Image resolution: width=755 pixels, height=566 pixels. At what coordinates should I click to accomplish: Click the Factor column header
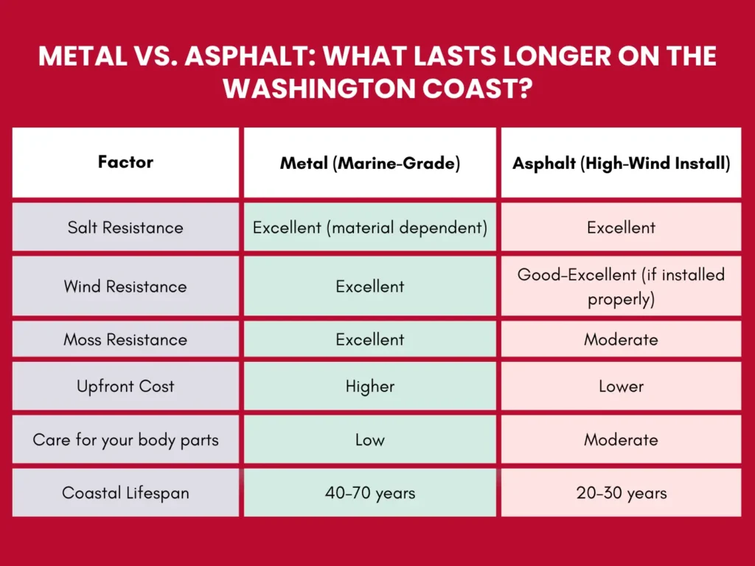125,162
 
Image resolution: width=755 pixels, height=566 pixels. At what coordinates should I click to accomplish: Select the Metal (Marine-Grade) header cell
369,163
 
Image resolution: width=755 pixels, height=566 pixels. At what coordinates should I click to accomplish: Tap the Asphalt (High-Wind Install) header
621,163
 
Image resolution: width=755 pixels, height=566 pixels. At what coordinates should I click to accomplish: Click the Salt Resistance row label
125,227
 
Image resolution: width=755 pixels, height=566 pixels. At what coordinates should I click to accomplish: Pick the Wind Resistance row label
125,286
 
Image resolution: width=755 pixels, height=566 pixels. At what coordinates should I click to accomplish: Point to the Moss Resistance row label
125,339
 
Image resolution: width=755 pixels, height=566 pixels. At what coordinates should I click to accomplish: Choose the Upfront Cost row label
125,386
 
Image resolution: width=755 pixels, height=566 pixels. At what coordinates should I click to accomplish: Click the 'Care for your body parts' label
125,440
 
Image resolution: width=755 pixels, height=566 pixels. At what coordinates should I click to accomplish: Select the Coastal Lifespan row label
125,492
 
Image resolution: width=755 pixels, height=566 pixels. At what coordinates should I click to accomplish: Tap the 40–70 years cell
369,492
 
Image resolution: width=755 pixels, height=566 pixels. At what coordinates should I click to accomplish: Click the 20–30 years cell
621,492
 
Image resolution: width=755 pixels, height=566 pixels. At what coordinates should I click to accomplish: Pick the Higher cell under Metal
369,386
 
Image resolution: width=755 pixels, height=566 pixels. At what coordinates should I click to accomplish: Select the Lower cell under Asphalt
621,386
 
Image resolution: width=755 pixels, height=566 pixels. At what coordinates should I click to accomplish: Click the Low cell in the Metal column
369,440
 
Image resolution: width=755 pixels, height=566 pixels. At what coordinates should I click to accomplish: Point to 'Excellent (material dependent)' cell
369,227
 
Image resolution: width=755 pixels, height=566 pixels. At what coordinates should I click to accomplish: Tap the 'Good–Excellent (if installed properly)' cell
621,286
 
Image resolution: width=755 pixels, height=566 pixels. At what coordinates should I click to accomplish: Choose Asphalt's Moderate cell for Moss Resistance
621,339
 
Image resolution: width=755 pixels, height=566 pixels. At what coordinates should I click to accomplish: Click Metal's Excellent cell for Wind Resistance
369,286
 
